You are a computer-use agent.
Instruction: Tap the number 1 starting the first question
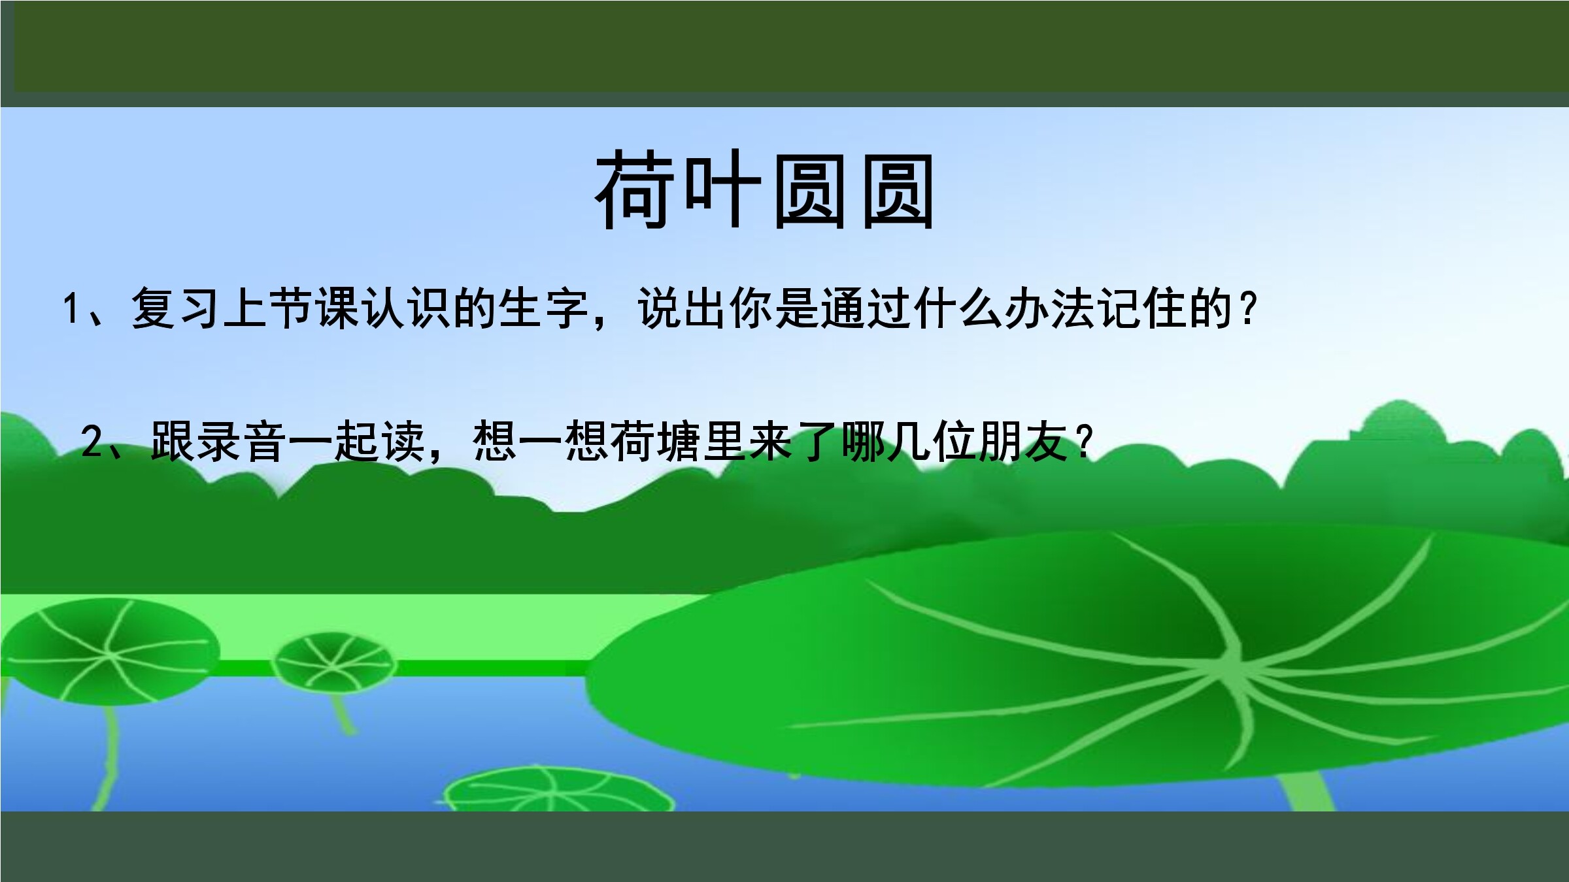(x=71, y=308)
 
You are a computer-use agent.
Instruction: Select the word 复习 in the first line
(x=175, y=308)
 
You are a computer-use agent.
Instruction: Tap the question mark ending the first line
(x=1248, y=309)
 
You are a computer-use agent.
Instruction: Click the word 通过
(x=864, y=308)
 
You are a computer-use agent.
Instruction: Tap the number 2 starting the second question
(x=92, y=442)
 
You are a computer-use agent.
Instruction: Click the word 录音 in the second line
(x=241, y=442)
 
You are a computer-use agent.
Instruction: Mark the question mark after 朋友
(x=1085, y=443)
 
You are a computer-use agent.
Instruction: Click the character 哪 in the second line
(x=862, y=442)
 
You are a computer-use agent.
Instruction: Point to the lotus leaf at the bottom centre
(x=559, y=791)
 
